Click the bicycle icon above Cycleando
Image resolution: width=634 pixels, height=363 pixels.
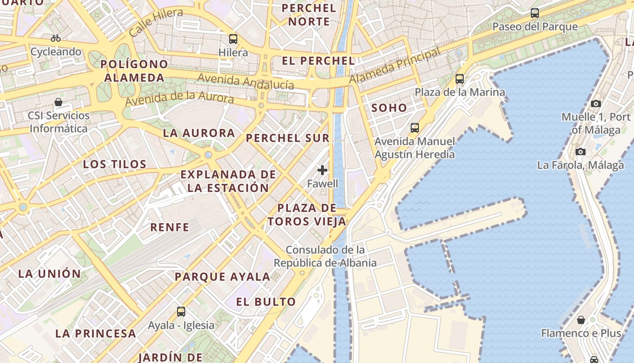(x=56, y=38)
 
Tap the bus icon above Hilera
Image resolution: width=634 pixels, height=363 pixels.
(x=233, y=39)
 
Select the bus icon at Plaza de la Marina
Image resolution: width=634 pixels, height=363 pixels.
(x=460, y=79)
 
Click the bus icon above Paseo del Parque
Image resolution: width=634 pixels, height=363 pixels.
(x=535, y=13)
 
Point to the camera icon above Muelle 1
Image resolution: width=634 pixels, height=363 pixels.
(x=596, y=104)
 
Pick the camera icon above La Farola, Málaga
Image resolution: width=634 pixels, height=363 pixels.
(x=581, y=152)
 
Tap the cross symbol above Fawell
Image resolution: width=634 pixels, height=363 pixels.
(x=322, y=170)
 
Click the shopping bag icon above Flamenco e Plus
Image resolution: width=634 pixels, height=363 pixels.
(x=581, y=320)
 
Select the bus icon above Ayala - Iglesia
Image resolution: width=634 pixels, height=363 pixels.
(x=181, y=312)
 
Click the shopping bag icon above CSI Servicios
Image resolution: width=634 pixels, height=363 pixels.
(x=58, y=102)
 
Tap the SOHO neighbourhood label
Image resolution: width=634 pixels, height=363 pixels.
(x=389, y=108)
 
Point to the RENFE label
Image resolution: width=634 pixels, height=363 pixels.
(x=170, y=227)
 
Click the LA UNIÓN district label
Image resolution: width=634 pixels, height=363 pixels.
(x=49, y=274)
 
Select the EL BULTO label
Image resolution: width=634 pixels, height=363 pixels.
(x=266, y=302)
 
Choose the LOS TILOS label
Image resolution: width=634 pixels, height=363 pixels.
(x=115, y=164)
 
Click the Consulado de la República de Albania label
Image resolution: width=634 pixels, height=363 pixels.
(x=325, y=256)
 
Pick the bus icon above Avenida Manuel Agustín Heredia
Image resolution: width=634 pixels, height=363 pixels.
(x=414, y=128)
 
